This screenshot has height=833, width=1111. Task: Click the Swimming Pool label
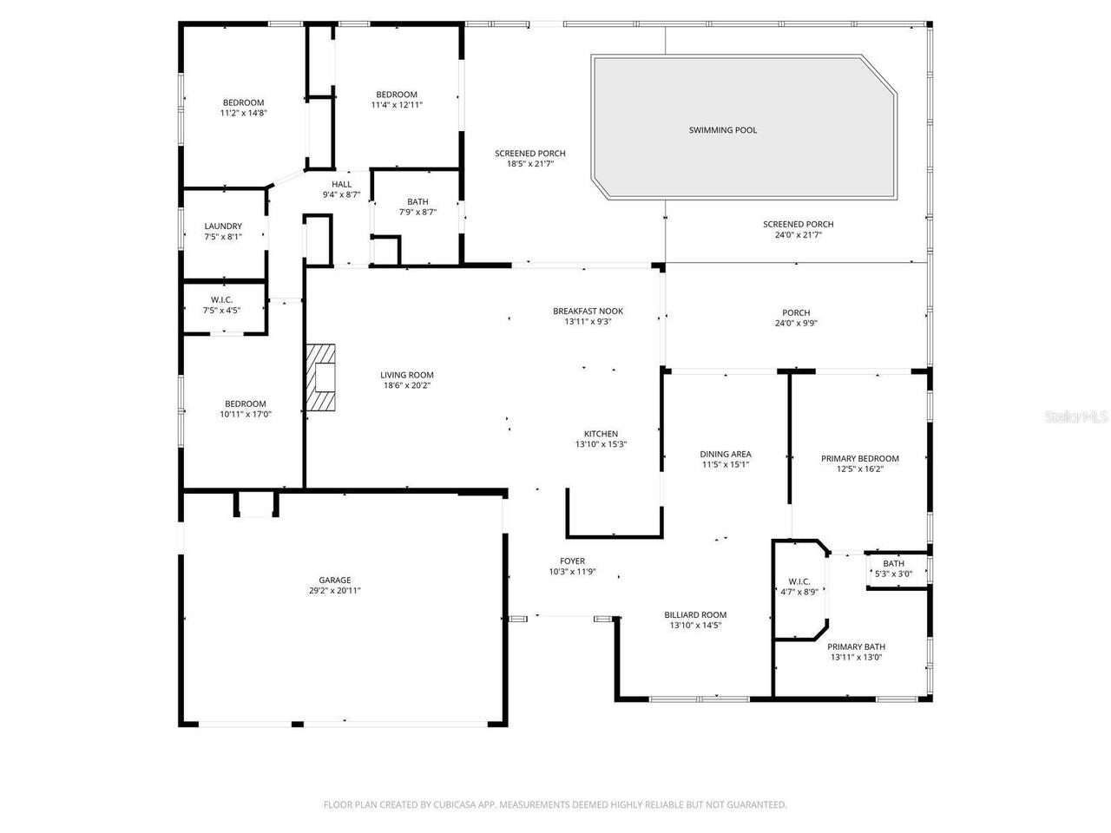(x=722, y=130)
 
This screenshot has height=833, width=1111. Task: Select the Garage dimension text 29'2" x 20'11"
(x=334, y=591)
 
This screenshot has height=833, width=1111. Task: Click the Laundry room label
(x=223, y=226)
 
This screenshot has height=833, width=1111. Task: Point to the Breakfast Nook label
(x=588, y=312)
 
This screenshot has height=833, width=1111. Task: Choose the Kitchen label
(x=601, y=434)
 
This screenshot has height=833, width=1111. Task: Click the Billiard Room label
(x=695, y=614)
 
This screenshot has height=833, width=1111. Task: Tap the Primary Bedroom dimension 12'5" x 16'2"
(x=859, y=469)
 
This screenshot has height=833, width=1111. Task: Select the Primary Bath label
(x=856, y=646)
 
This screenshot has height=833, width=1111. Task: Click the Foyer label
(x=572, y=561)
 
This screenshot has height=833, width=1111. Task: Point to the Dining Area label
(x=725, y=454)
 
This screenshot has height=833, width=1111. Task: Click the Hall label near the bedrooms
(x=341, y=185)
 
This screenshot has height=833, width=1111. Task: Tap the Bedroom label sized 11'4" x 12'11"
(x=396, y=95)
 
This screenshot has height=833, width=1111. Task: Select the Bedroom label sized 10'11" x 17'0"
(x=246, y=403)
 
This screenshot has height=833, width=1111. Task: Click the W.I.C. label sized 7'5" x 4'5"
(x=223, y=299)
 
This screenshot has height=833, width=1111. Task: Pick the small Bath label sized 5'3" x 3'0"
(x=893, y=564)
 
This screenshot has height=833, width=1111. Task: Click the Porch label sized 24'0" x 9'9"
(x=796, y=313)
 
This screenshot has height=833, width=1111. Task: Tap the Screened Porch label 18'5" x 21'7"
(x=529, y=154)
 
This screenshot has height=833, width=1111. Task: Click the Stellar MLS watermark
(x=1076, y=417)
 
